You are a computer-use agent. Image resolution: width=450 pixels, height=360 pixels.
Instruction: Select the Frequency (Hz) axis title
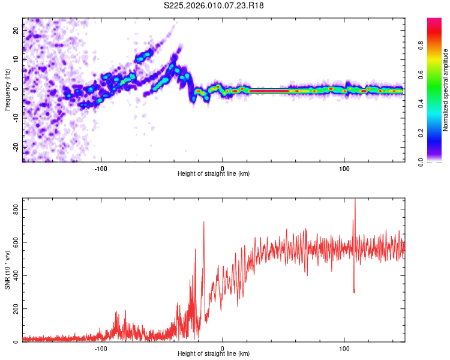(x=7, y=89)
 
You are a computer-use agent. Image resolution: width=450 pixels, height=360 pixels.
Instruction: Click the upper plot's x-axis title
(x=214, y=173)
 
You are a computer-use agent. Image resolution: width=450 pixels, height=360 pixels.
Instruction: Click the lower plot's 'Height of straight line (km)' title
(x=214, y=353)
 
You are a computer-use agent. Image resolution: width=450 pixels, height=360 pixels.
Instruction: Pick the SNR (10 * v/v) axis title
(x=7, y=269)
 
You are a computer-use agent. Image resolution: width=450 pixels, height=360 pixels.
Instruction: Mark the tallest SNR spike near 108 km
(x=355, y=200)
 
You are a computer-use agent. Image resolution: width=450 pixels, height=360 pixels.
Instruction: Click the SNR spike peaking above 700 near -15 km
(x=204, y=223)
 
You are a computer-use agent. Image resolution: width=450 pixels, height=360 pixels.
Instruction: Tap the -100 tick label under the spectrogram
(x=101, y=169)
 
